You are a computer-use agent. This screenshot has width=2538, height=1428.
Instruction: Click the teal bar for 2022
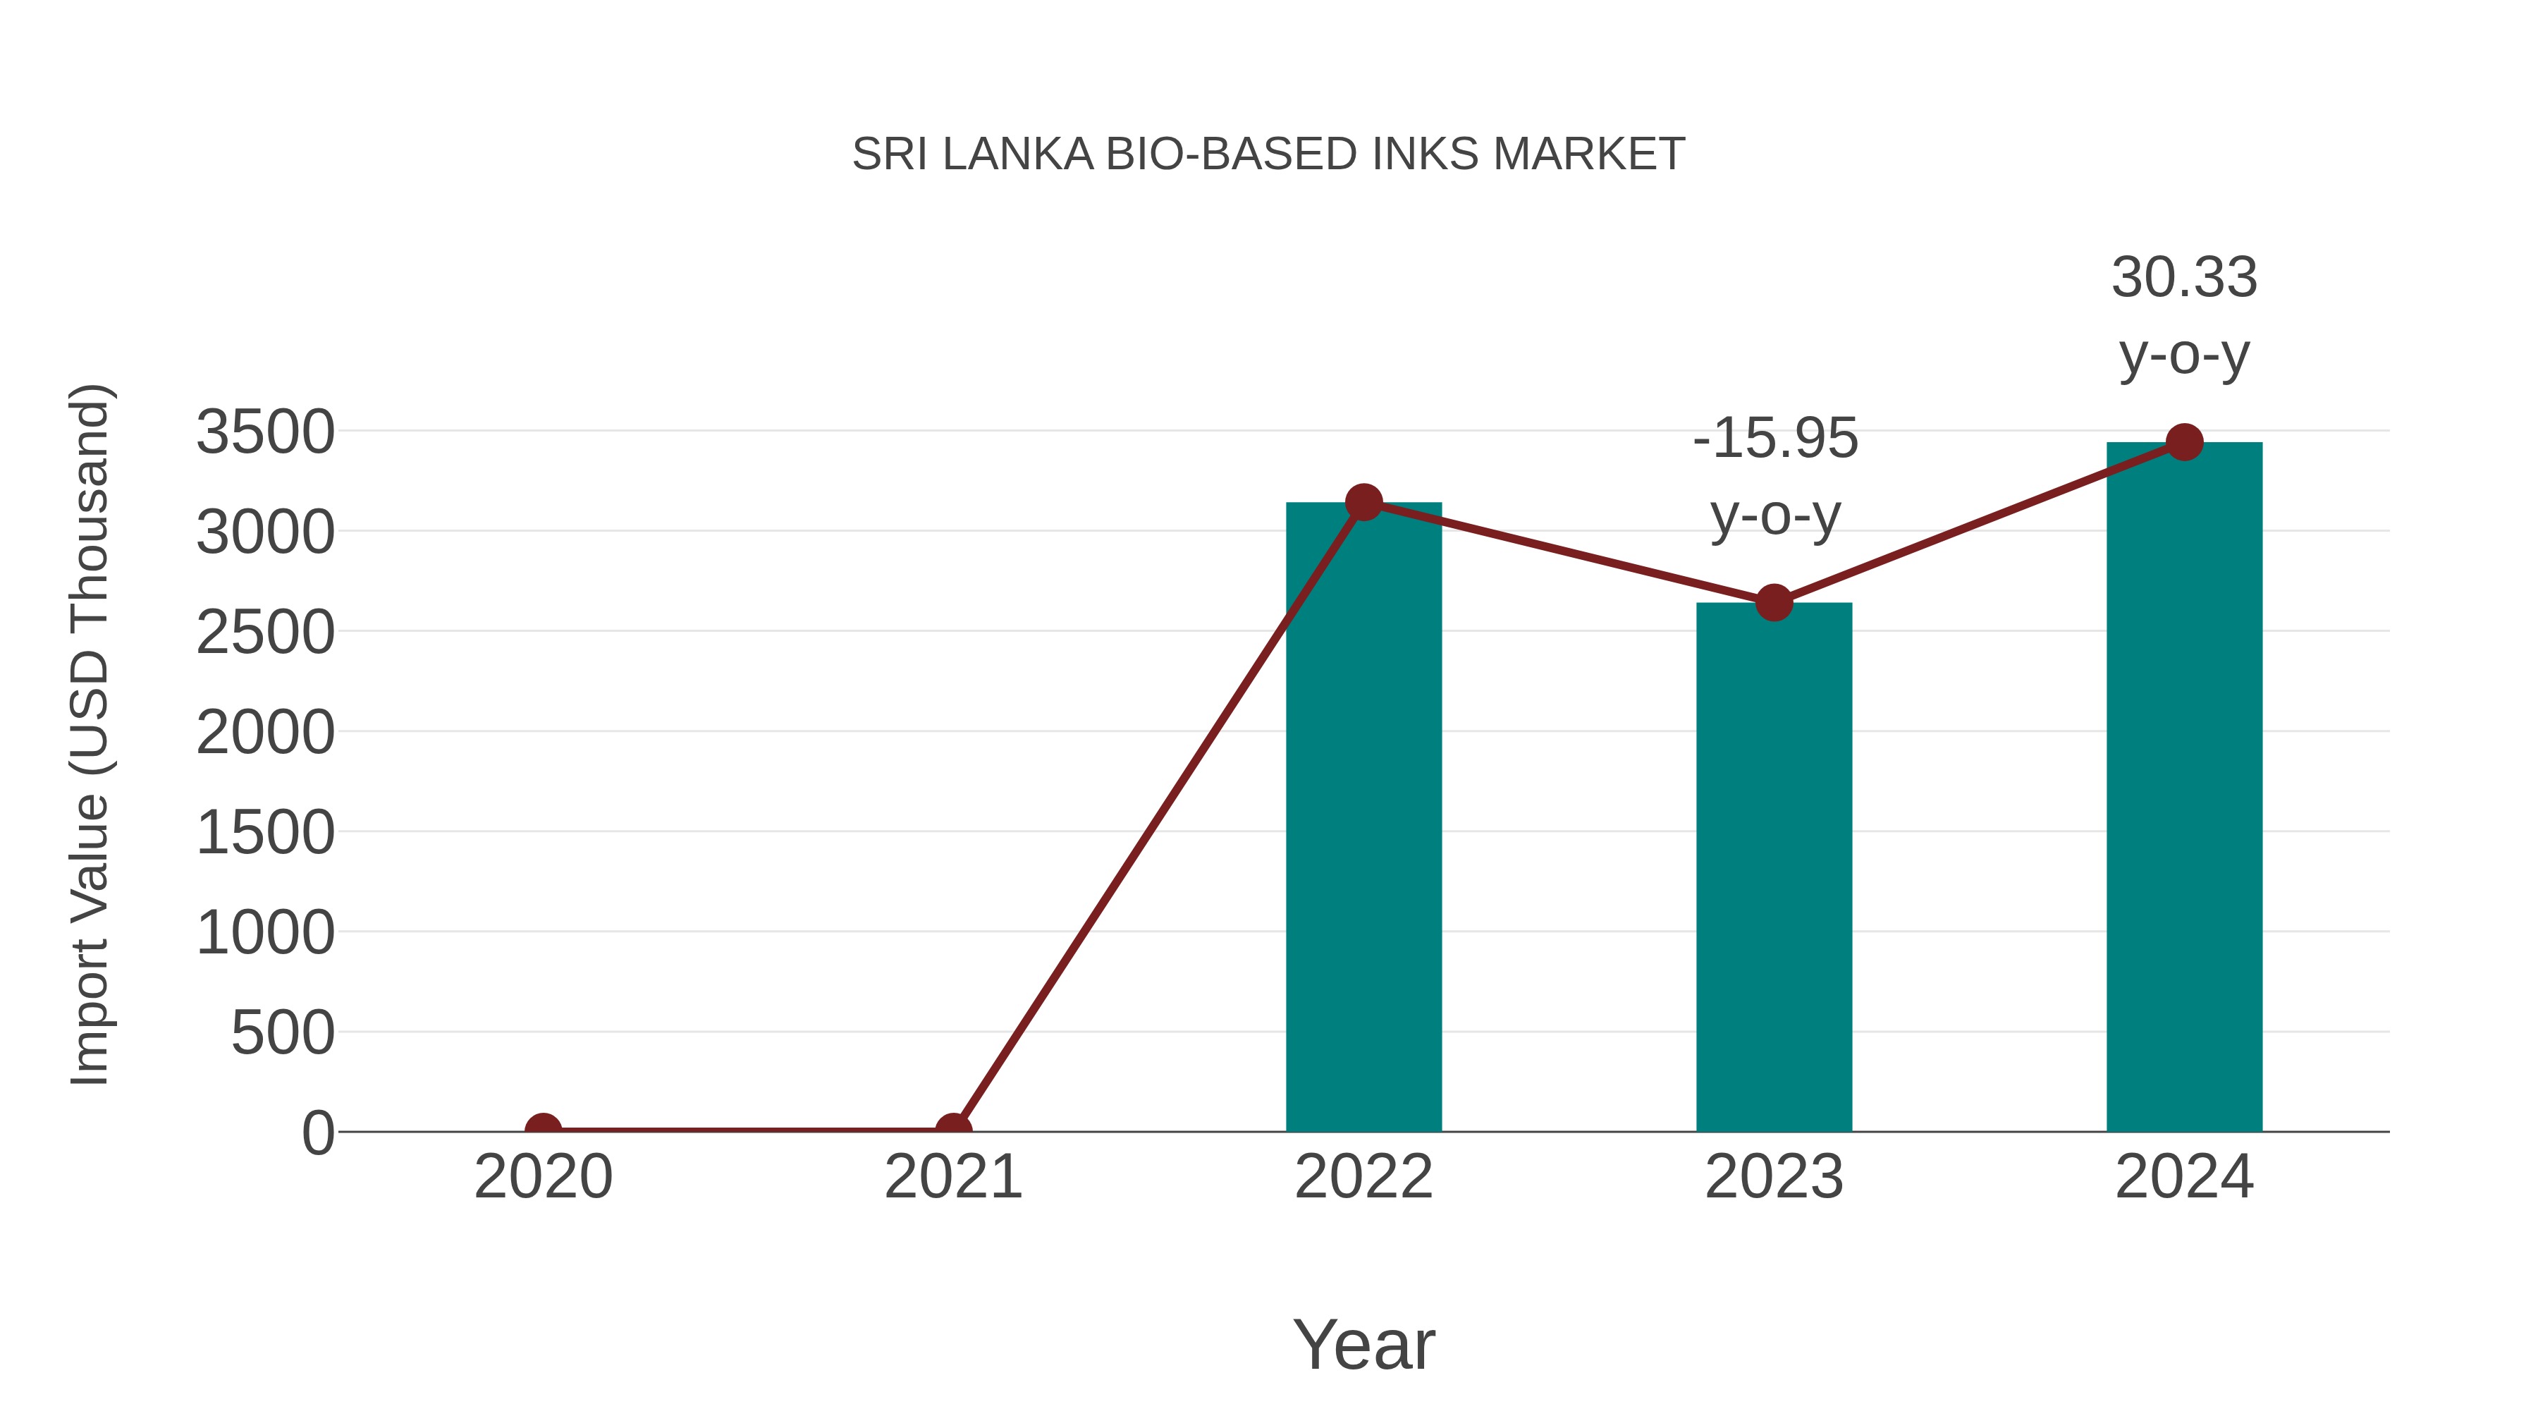[x=1363, y=818]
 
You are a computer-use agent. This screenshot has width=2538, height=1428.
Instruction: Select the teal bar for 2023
[x=1774, y=867]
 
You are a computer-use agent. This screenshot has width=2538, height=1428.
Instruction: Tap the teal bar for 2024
[x=2184, y=788]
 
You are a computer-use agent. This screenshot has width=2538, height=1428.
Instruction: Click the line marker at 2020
[x=543, y=1130]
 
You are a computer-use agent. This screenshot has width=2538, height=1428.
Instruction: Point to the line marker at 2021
[x=952, y=1130]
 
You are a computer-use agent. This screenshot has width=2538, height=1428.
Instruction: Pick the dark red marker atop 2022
[x=1363, y=503]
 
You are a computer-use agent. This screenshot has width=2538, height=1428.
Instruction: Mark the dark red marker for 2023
[x=1774, y=602]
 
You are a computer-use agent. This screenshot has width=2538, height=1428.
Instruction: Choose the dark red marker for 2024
[x=2184, y=442]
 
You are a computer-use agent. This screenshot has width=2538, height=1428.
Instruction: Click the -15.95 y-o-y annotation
[x=1774, y=476]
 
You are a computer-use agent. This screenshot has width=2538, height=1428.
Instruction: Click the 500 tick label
[x=283, y=1033]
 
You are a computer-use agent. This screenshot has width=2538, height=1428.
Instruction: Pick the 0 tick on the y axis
[x=318, y=1133]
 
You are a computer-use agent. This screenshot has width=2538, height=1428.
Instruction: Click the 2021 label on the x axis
[x=952, y=1177]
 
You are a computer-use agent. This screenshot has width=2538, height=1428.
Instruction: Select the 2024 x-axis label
[x=2184, y=1177]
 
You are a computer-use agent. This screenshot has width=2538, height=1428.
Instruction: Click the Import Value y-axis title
[x=89, y=734]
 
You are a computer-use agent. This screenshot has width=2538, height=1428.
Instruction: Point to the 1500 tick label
[x=265, y=833]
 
